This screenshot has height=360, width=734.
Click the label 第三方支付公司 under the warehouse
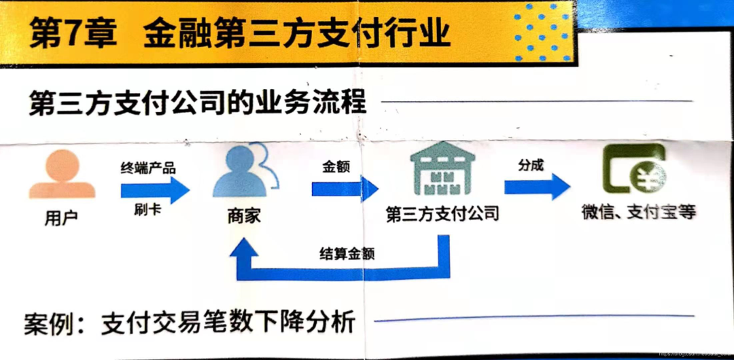point(442,214)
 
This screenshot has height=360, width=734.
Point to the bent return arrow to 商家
point(340,272)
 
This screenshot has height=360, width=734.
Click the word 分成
point(531,165)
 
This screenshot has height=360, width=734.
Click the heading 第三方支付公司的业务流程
point(198,105)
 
